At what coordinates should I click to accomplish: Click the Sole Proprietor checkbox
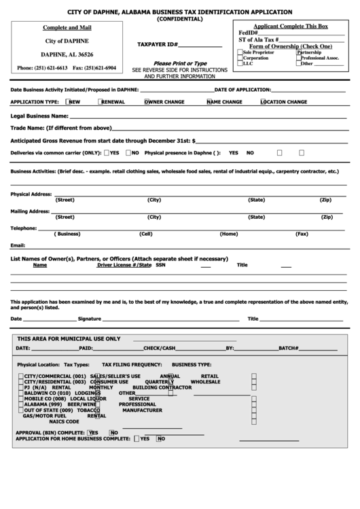(x=240, y=52)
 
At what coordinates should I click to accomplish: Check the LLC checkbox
(x=240, y=63)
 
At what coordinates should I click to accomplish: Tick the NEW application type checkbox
(x=68, y=102)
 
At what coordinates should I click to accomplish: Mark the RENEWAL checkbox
(x=101, y=102)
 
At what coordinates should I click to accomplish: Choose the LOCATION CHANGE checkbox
(x=262, y=102)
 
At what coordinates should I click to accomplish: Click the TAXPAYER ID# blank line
(x=200, y=45)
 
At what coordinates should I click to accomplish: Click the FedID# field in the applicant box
(x=285, y=33)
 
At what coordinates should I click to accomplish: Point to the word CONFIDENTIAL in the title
(x=179, y=19)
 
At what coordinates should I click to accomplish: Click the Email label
(x=18, y=245)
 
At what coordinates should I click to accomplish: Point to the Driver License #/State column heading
(x=124, y=265)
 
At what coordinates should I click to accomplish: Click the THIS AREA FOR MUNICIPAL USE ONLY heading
(x=69, y=338)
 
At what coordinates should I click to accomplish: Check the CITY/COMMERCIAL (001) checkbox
(x=20, y=376)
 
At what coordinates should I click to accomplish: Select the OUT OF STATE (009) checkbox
(x=20, y=410)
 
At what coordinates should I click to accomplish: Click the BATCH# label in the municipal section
(x=288, y=348)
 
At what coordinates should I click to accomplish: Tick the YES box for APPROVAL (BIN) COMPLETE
(x=86, y=432)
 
